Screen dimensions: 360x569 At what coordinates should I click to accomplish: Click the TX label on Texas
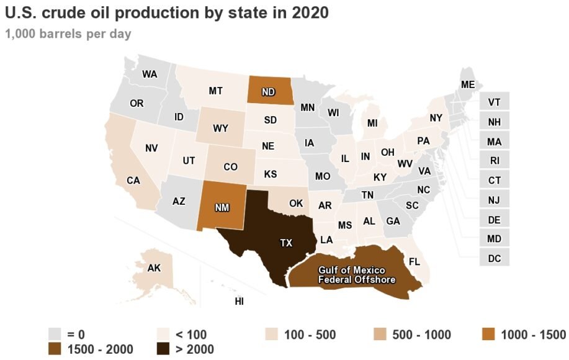[x=285, y=243]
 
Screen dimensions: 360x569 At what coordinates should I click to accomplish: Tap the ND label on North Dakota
[x=268, y=92]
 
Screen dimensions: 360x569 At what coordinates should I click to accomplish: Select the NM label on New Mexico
[x=222, y=208]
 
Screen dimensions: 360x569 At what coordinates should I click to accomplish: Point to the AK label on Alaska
[x=154, y=268]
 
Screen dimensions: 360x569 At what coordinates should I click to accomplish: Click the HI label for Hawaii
[x=239, y=302]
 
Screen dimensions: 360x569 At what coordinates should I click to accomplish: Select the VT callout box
[x=494, y=102]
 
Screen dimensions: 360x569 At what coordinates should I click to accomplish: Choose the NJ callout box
[x=494, y=200]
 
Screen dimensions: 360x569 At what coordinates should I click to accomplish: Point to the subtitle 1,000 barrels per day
[x=68, y=34]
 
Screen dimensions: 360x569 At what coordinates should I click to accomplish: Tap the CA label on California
[x=133, y=181]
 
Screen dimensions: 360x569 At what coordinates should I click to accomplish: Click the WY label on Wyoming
[x=220, y=128]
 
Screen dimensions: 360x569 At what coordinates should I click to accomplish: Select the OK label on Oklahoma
[x=296, y=203]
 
